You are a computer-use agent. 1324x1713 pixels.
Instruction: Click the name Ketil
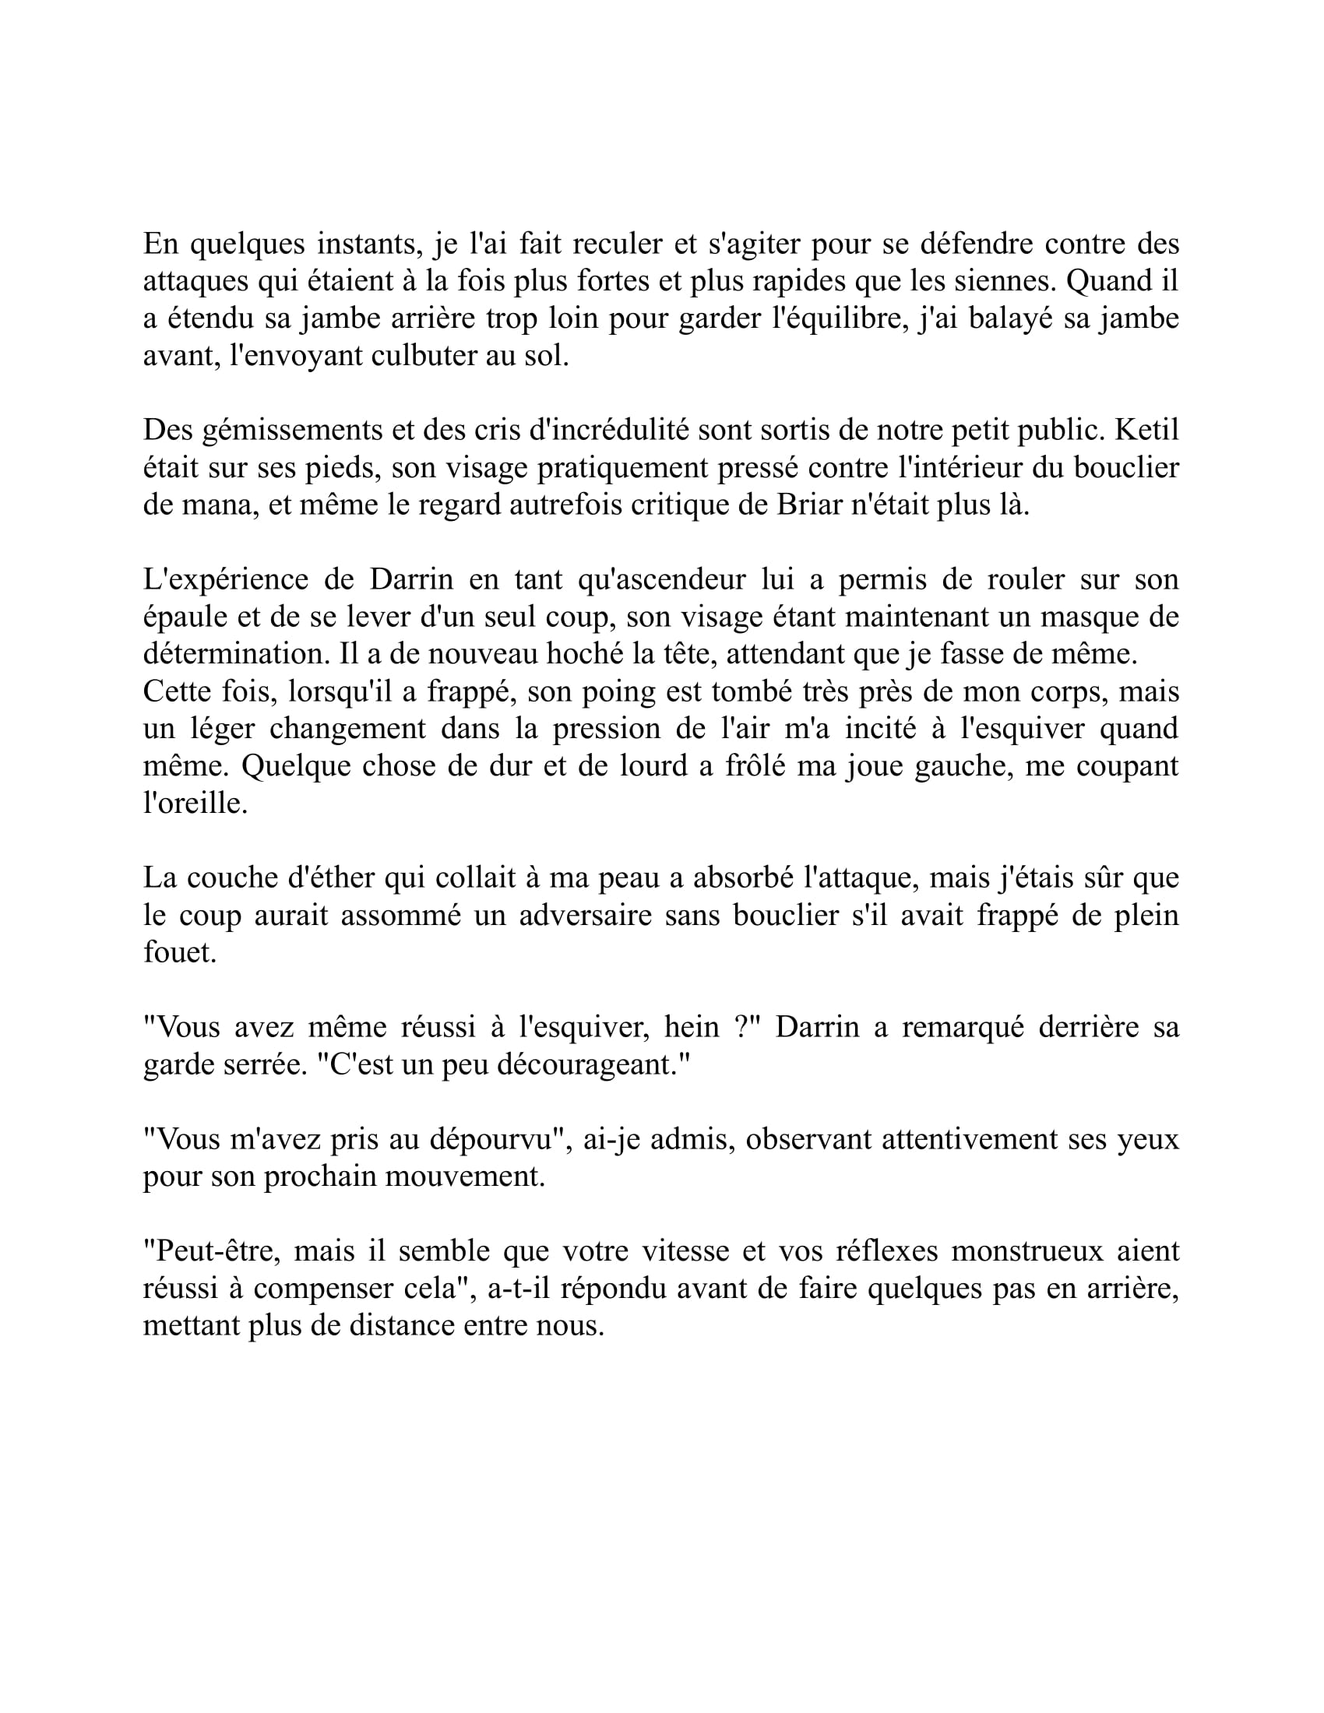pyautogui.click(x=1146, y=430)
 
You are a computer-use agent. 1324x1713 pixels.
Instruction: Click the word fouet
pyautogui.click(x=180, y=952)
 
